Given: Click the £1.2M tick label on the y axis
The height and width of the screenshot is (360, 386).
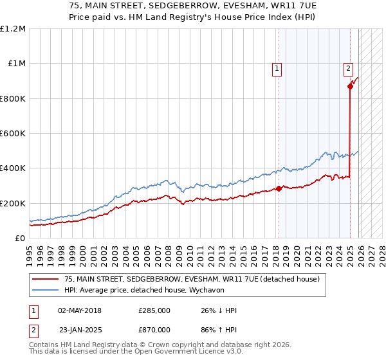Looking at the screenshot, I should pyautogui.click(x=13, y=29).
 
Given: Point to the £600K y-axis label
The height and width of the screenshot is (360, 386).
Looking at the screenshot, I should pyautogui.click(x=13, y=134).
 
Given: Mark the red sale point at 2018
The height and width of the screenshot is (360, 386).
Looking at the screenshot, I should pyautogui.click(x=279, y=188).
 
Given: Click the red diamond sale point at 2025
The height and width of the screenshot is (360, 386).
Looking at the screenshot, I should pyautogui.click(x=350, y=86).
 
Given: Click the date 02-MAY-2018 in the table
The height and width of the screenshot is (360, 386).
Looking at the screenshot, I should pyautogui.click(x=79, y=310).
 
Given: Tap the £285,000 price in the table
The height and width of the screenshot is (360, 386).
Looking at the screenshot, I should pyautogui.click(x=154, y=310).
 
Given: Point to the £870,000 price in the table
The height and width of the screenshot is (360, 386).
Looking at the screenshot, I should pyautogui.click(x=154, y=329).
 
